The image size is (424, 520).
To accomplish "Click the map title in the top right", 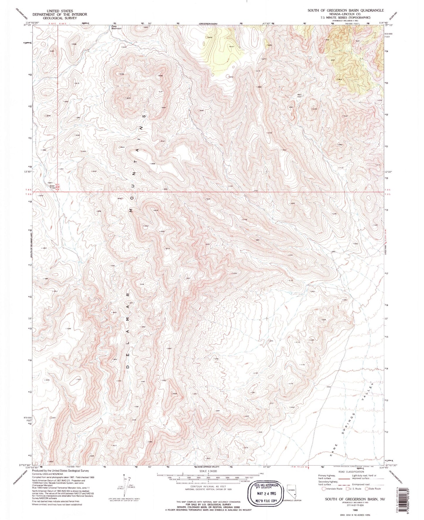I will (x=345, y=10).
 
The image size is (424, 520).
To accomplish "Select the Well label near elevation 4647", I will (x=299, y=95).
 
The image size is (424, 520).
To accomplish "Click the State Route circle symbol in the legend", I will (x=366, y=489).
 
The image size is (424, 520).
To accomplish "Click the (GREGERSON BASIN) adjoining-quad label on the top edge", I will (x=207, y=23).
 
